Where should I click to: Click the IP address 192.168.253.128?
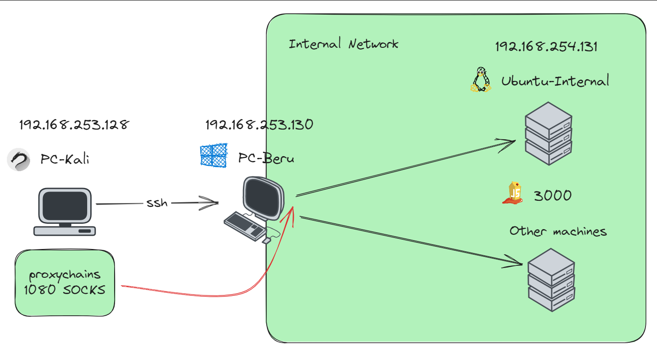74,125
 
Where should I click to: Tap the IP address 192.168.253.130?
259,125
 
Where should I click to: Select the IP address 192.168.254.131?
546,46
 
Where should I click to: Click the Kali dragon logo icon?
19,159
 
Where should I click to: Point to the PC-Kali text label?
65,159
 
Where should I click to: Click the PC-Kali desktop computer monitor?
65,206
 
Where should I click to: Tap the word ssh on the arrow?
157,203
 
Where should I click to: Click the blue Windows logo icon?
214,156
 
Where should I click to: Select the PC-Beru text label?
266,158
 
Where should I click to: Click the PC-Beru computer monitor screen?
262,198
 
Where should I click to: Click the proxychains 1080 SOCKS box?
65,283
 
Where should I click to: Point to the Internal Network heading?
343,44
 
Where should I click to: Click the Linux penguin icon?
481,80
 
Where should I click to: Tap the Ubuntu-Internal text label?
555,81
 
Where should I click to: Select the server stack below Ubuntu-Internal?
549,134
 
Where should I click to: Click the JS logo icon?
513,193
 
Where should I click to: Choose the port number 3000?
553,195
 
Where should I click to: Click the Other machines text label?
558,231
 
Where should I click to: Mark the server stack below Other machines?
551,280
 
